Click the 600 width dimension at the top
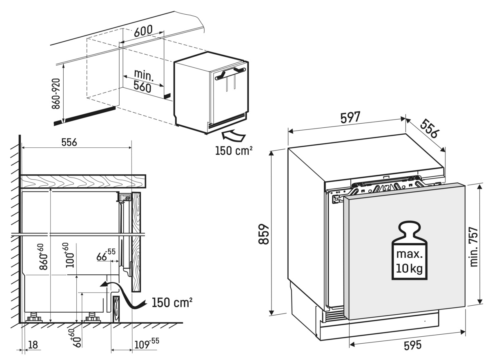point(142,30)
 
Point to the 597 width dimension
point(350,117)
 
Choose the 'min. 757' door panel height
point(474,247)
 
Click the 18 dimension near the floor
point(33,345)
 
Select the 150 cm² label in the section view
point(171,303)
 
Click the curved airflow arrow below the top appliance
point(233,134)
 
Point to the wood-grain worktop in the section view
point(82,181)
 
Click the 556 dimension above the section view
point(69,142)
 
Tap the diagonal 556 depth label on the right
point(429,129)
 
